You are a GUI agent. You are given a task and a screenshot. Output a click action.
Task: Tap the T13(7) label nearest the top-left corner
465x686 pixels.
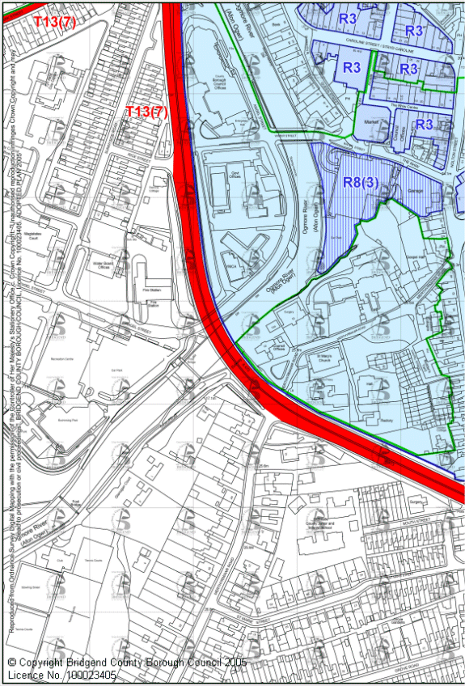pyautogui.click(x=54, y=22)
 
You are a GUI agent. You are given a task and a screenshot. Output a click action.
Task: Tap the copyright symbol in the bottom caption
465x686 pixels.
pyautogui.click(x=12, y=662)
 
